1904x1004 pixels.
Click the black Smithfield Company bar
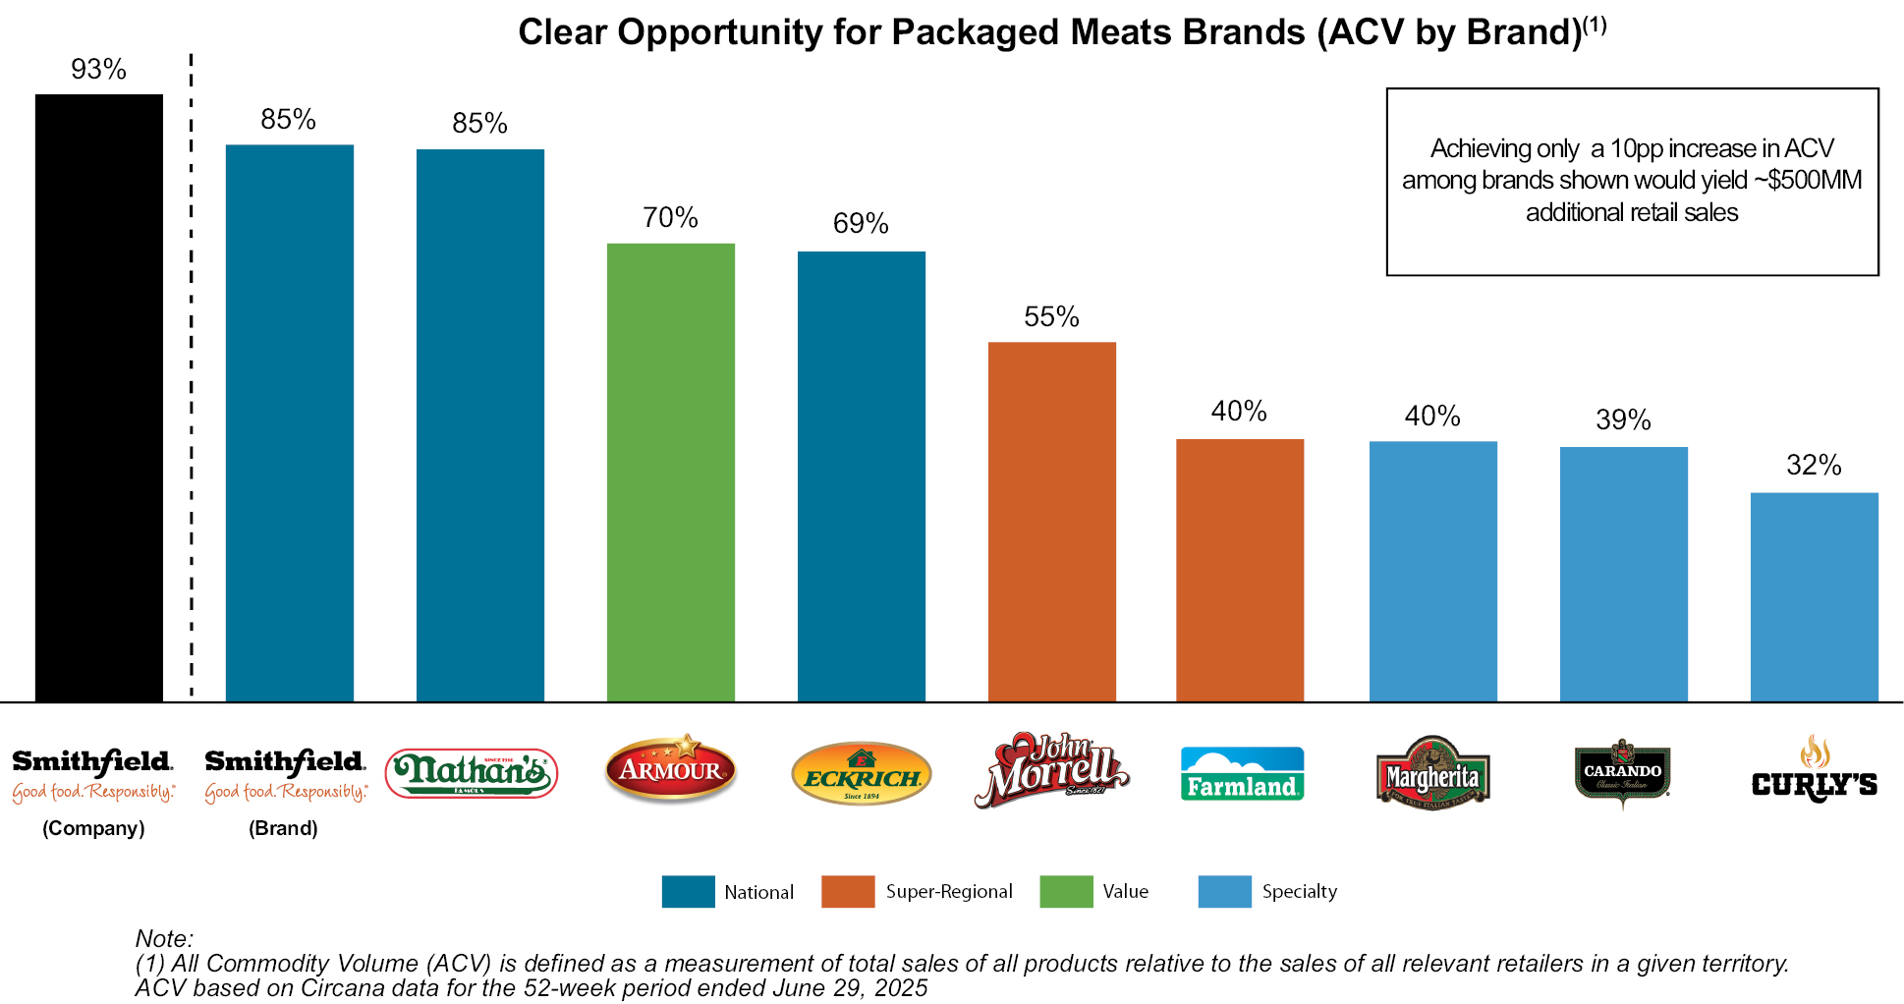pyautogui.click(x=98, y=398)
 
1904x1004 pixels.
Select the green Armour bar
pyautogui.click(x=670, y=472)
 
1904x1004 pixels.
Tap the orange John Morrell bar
pyautogui.click(x=1051, y=521)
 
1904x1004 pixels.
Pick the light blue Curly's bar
pyautogui.click(x=1814, y=596)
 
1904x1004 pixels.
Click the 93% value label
pyautogui.click(x=98, y=70)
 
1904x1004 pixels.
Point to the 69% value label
pyautogui.click(x=861, y=224)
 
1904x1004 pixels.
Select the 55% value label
pyautogui.click(x=1051, y=317)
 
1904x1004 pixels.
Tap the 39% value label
pyautogui.click(x=1623, y=420)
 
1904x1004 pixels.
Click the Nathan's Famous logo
pyautogui.click(x=472, y=773)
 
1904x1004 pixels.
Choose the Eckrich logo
pyautogui.click(x=861, y=773)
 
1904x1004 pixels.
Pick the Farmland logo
pyautogui.click(x=1242, y=774)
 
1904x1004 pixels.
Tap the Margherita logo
pyautogui.click(x=1432, y=774)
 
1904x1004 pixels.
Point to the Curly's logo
pyautogui.click(x=1814, y=771)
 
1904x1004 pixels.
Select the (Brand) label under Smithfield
pyautogui.click(x=283, y=828)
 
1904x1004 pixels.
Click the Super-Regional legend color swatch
pyautogui.click(x=847, y=891)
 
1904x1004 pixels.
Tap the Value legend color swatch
pyautogui.click(x=1066, y=891)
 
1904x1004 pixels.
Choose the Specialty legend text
pyautogui.click(x=1299, y=891)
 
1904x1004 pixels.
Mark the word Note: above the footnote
pyautogui.click(x=164, y=938)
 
